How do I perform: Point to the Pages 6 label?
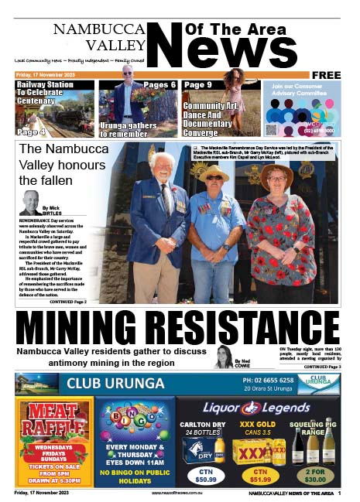[x=159, y=84]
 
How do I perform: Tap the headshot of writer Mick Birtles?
[x=31, y=203]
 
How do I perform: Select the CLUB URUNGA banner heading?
[x=115, y=384]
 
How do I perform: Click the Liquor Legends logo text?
[x=255, y=408]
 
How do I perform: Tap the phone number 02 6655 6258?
[x=268, y=381]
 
